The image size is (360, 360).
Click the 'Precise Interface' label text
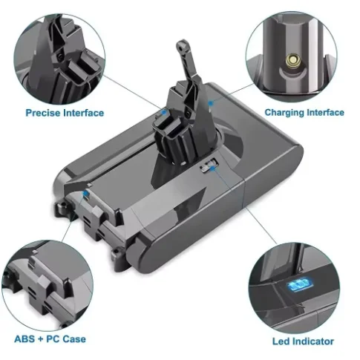pos(65,113)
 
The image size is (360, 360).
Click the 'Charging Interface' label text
pos(304,113)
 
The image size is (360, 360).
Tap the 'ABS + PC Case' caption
pos(50,339)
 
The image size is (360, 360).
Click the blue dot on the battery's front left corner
pos(88,194)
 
